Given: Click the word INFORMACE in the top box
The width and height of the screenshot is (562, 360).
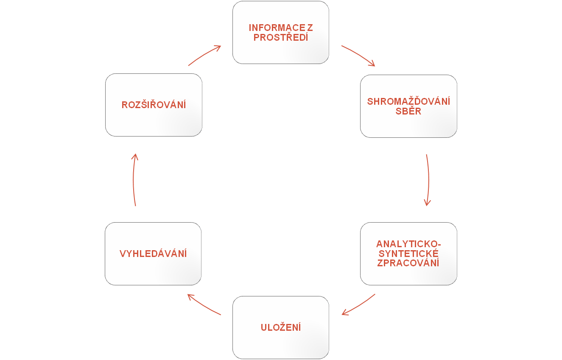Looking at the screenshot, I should tap(277, 28).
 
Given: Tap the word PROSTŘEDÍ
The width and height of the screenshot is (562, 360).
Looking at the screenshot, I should tap(281, 37).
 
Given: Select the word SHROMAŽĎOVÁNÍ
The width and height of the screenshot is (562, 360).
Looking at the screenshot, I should tap(408, 102).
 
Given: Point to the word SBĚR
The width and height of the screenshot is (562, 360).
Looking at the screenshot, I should tap(408, 111).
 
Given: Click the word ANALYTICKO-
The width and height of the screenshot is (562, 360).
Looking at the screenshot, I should tap(408, 245).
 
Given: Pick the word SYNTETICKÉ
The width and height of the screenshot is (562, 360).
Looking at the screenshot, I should tap(408, 254).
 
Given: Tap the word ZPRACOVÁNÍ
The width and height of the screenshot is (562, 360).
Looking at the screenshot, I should tap(408, 263).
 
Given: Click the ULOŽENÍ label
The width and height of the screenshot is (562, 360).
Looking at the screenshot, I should tap(281, 327).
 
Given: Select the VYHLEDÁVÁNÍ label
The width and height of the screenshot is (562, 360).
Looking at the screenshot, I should tap(153, 254).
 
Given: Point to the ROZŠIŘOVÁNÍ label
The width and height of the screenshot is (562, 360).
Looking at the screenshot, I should tap(154, 105).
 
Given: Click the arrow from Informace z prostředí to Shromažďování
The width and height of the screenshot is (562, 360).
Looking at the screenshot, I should tap(359, 55).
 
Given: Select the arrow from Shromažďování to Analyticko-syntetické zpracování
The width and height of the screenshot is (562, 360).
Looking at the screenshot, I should tap(428, 180).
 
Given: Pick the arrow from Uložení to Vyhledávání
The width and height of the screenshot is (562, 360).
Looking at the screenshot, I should tap(204, 305).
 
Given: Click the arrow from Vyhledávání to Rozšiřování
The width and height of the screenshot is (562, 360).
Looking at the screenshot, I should tap(134, 180).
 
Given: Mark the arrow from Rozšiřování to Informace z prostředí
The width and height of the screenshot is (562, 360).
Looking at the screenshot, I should tap(204, 55).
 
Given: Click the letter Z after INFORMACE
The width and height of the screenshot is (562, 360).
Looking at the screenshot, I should tap(310, 28).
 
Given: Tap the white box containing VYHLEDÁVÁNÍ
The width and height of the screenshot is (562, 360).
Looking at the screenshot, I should tap(153, 271).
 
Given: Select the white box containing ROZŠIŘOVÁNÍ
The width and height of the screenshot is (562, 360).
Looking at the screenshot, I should tap(154, 123).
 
